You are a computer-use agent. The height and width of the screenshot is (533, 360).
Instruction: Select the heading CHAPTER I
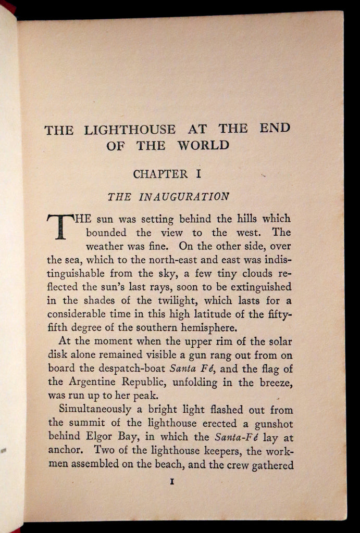click(x=168, y=174)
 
